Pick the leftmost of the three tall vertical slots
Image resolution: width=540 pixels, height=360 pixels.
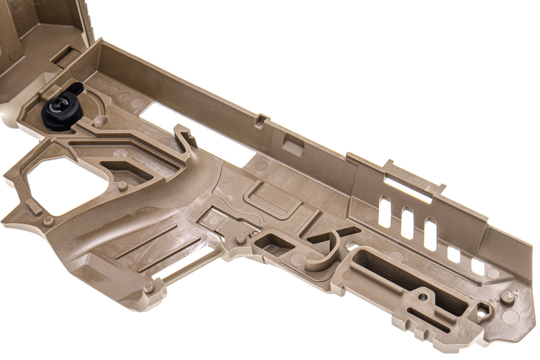pos(384,212)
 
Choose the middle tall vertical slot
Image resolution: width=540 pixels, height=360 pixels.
pos(407,223)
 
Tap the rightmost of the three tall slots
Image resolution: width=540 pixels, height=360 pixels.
pos(430,234)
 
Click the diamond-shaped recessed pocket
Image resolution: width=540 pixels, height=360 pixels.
pos(274,245)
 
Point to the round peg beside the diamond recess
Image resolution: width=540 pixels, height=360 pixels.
pos(241,239)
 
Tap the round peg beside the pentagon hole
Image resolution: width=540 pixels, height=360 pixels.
pos(508,298)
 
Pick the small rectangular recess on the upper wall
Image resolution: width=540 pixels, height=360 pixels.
pos(293,146)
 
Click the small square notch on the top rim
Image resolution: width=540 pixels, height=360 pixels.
pos(261,121)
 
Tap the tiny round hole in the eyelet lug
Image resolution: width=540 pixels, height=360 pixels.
pos(424,297)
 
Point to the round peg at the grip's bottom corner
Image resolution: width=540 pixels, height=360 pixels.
pos(148,287)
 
